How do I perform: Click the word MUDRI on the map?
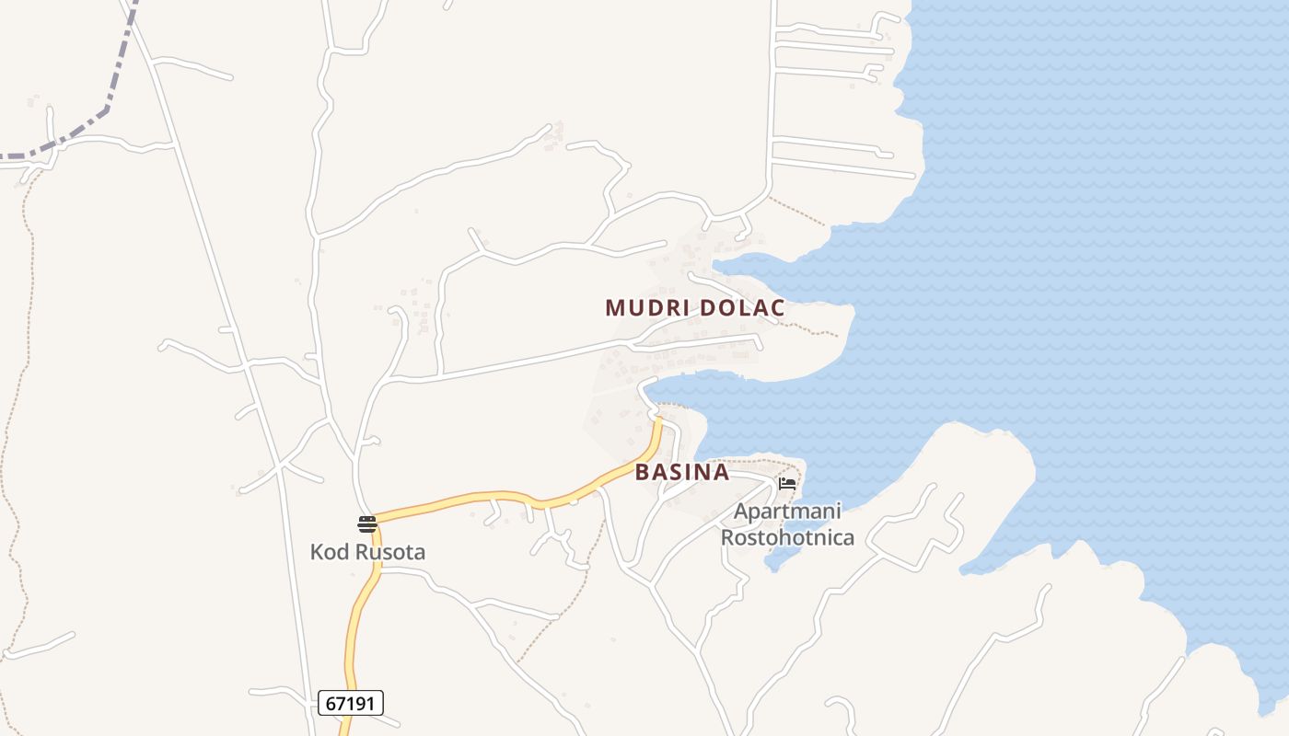(x=641, y=308)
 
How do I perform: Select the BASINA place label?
(x=682, y=473)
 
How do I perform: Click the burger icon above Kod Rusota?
(x=367, y=524)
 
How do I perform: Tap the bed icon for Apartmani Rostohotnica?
(x=787, y=483)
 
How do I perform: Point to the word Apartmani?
(x=787, y=512)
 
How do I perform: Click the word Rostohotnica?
(x=787, y=537)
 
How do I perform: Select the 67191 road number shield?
(x=351, y=704)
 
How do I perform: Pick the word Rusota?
(x=390, y=553)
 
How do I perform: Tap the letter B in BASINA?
(x=643, y=473)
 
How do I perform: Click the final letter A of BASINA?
(x=721, y=473)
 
